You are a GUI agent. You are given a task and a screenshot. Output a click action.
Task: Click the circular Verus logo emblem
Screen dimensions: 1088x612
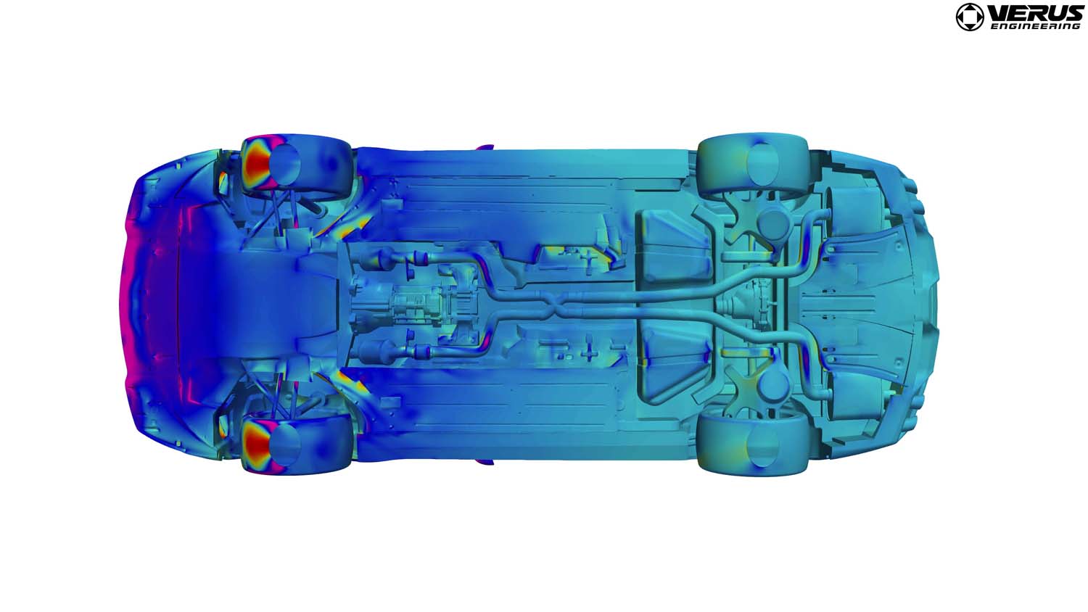[970, 17]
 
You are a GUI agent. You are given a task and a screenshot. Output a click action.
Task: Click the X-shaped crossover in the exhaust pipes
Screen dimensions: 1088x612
[553, 305]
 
